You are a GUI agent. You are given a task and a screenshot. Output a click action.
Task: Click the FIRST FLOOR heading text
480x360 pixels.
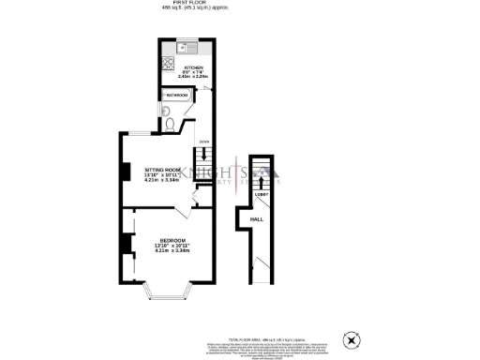coord(188,4)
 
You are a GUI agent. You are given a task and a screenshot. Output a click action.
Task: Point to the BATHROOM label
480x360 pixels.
coord(177,96)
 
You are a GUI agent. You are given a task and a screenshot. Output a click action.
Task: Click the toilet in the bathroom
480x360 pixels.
coord(168,122)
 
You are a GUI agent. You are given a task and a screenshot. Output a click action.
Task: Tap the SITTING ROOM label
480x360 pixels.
coord(161,170)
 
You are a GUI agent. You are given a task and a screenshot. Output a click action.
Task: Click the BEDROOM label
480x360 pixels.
coord(172,241)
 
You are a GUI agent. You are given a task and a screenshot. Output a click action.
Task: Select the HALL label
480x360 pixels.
coord(255,219)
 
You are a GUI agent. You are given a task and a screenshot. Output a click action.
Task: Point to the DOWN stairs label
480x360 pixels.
coord(202,142)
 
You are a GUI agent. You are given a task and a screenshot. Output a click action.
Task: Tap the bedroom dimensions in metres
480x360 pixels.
coord(172,251)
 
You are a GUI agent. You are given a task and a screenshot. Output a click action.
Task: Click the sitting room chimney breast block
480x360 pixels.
coord(124,172)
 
